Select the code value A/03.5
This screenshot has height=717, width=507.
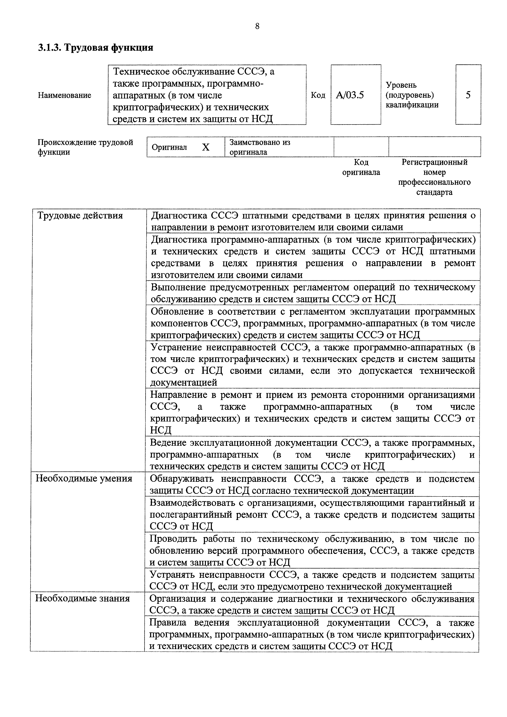pyautogui.click(x=350, y=95)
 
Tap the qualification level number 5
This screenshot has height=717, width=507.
pyautogui.click(x=468, y=95)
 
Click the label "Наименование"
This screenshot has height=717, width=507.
pyautogui.click(x=64, y=95)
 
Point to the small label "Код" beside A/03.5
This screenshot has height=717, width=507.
pyautogui.click(x=318, y=95)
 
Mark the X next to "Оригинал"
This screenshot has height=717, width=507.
pyautogui.click(x=206, y=147)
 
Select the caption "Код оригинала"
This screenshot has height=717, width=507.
pyautogui.click(x=361, y=167)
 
